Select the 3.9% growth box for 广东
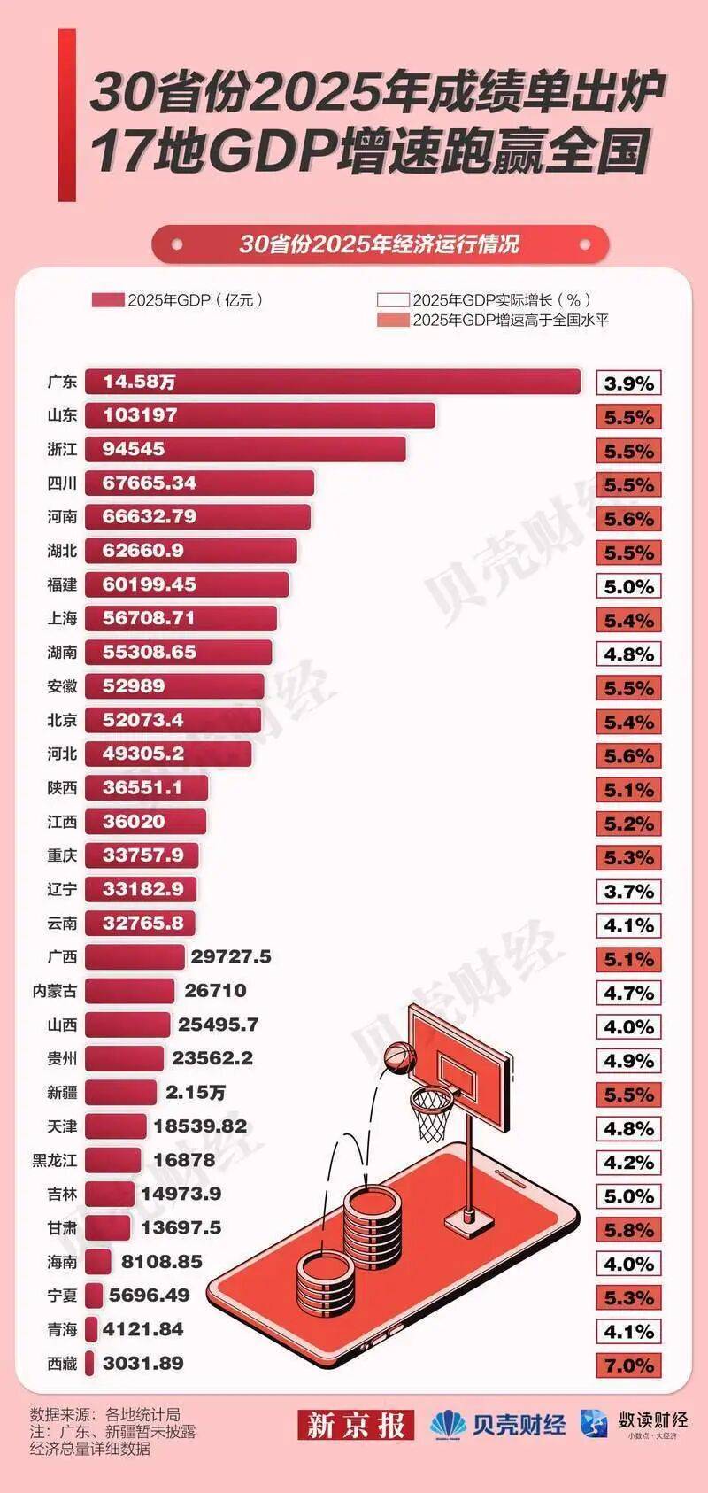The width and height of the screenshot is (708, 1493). tap(628, 383)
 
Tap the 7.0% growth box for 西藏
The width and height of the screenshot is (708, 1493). tap(628, 1365)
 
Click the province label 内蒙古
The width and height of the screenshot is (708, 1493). tap(55, 991)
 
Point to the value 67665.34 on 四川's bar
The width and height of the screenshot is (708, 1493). tap(150, 483)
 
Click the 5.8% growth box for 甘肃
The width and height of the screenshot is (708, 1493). tap(628, 1230)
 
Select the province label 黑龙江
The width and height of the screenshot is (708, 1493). tap(55, 1160)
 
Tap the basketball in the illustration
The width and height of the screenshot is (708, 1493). tap(398, 1056)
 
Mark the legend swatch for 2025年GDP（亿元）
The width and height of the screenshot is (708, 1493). tap(108, 300)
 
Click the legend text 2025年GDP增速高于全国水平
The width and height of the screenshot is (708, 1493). tap(511, 321)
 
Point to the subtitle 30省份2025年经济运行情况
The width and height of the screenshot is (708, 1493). tap(379, 244)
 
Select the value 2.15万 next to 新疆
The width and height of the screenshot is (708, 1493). tap(196, 1093)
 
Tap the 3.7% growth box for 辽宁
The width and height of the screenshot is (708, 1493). tap(628, 892)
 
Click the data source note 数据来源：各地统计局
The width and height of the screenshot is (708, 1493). tap(104, 1414)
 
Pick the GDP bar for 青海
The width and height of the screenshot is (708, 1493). tap(92, 1330)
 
